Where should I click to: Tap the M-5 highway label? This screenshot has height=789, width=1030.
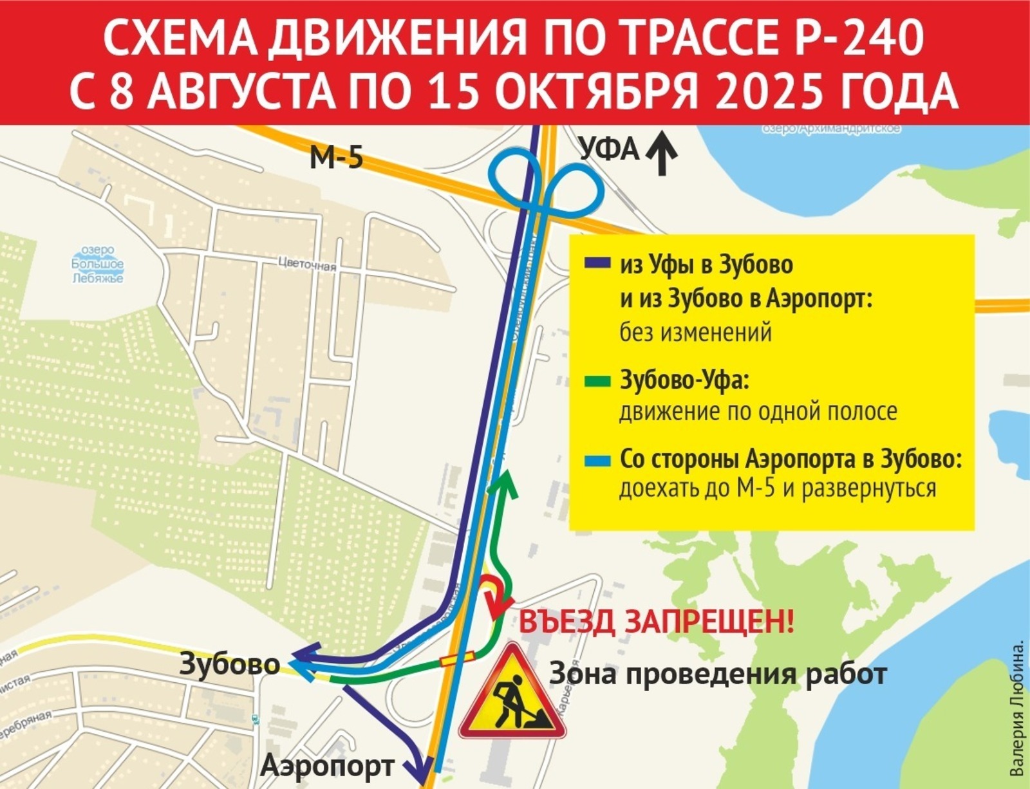tap(336, 156)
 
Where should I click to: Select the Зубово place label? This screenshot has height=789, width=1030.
tap(229, 664)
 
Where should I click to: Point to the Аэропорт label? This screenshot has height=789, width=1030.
tap(327, 765)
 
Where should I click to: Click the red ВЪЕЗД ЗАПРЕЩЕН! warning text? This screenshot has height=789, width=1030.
tap(657, 622)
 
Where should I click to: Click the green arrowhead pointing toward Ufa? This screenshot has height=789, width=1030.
tap(503, 481)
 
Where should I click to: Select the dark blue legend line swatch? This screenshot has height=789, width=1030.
tap(596, 264)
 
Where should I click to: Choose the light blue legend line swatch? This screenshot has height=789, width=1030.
tap(596, 461)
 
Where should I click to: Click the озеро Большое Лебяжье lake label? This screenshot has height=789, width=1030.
tap(97, 264)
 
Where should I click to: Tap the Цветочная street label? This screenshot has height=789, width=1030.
tap(307, 264)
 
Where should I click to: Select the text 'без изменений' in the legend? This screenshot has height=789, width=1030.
tap(695, 333)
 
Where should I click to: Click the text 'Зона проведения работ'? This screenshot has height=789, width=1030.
tap(718, 674)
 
